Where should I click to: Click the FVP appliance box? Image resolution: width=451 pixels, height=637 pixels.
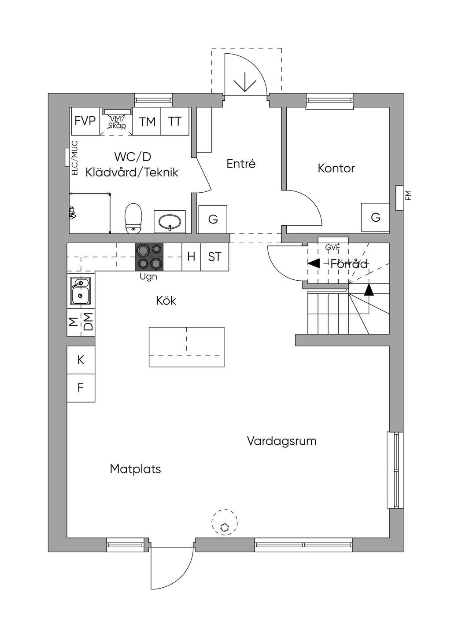coord(85,121)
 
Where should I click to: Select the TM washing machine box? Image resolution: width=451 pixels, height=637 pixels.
coord(148,121)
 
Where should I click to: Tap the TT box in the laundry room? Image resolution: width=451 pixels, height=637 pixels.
coord(175,121)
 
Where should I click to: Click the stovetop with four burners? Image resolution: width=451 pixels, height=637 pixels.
coord(149,256)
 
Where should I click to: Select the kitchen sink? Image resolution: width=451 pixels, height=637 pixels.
coord(80,290)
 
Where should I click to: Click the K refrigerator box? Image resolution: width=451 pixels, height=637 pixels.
coord(81,360)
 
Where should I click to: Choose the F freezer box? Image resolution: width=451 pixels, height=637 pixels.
coord(81,388)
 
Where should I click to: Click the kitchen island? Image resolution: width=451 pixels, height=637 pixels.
coord(186,347)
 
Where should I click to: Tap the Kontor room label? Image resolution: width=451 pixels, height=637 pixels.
coord(336,168)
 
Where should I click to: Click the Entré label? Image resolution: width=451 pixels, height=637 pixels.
coord(241,164)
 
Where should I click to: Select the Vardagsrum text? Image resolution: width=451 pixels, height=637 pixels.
coord(281,441)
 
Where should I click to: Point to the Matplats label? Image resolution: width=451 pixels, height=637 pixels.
coord(135,469)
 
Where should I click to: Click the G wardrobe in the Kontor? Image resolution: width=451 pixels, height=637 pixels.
coord(375,217)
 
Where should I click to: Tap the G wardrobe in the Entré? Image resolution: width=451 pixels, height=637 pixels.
coord(213,219)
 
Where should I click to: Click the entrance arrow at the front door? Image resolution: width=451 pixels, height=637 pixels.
coord(245,83)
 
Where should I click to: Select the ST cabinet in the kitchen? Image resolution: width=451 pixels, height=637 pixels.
coord(214,256)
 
